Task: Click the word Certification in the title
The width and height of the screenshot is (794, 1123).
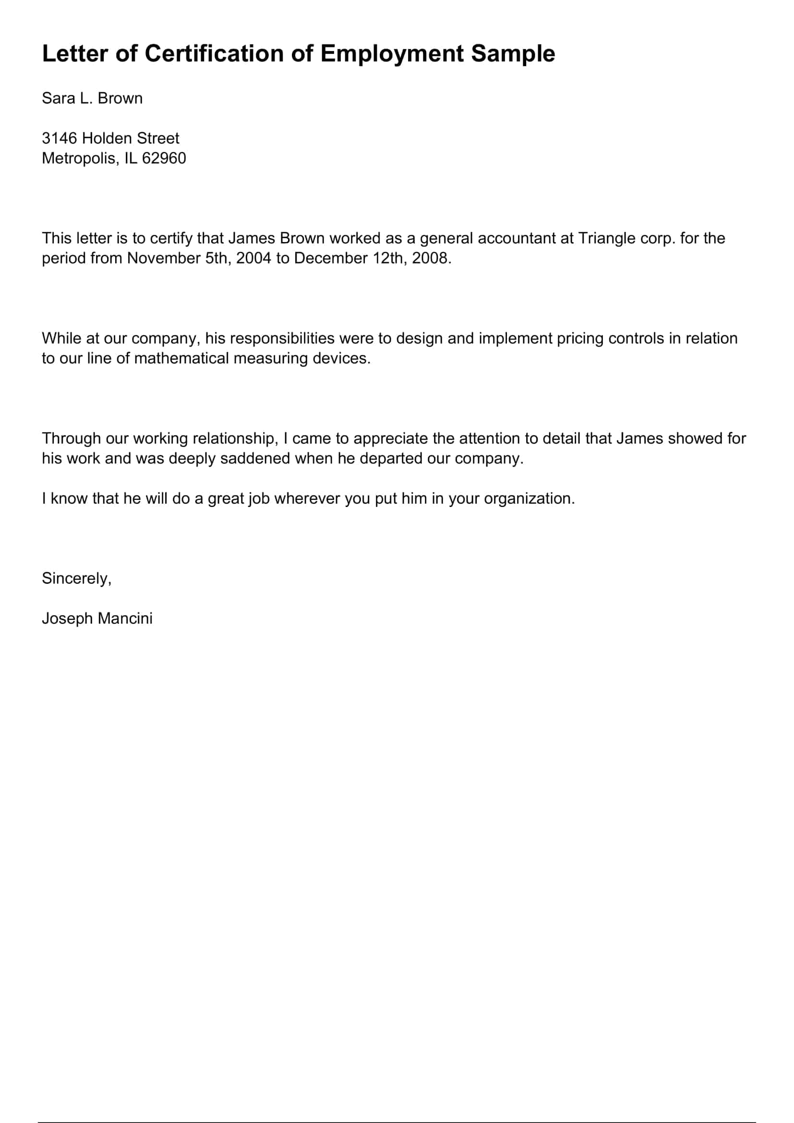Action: [214, 53]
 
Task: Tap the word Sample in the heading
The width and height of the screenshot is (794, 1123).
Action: [513, 53]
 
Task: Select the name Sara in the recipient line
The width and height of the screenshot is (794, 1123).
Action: [58, 98]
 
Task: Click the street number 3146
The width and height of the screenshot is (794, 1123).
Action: [60, 138]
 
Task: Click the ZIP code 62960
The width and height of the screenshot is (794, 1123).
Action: [164, 158]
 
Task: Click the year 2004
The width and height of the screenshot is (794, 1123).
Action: [253, 258]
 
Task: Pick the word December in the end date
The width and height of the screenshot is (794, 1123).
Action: [330, 258]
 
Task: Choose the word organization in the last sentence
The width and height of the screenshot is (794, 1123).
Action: [529, 498]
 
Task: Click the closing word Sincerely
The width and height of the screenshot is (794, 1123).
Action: [76, 579]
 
